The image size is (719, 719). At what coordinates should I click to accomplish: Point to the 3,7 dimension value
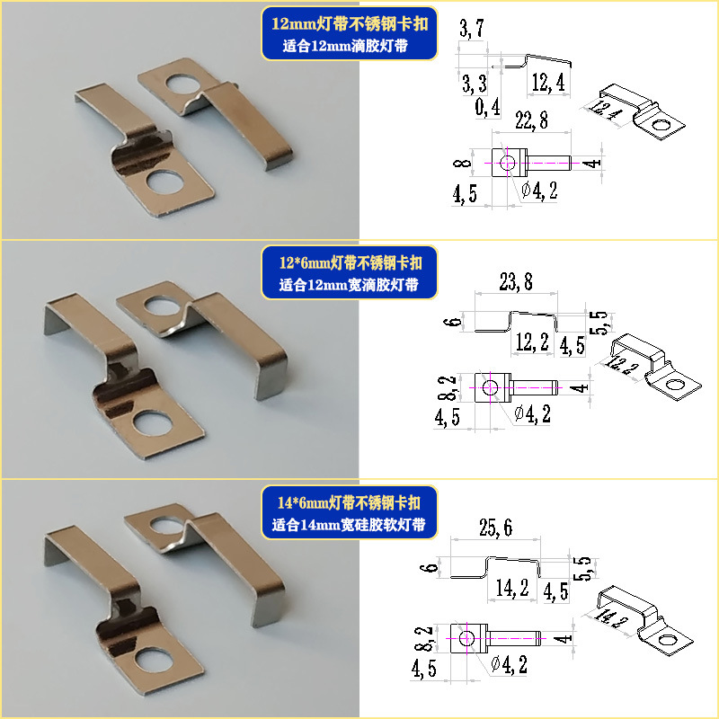pyautogui.click(x=472, y=32)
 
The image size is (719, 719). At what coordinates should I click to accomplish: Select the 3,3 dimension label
pyautogui.click(x=474, y=84)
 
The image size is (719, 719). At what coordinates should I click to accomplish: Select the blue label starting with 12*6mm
pyautogui.click(x=351, y=274)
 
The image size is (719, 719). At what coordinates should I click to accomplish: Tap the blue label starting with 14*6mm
pyautogui.click(x=352, y=513)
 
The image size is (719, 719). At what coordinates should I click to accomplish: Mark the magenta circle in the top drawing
pyautogui.click(x=509, y=163)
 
